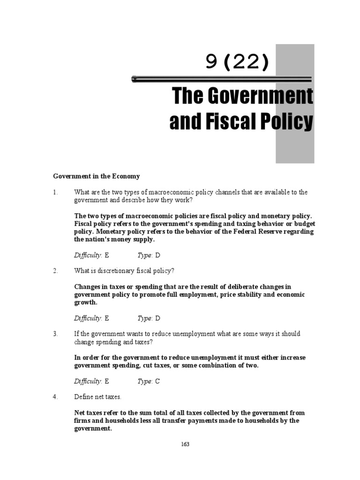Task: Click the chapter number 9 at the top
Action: click(x=212, y=62)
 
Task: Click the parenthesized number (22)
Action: click(x=247, y=62)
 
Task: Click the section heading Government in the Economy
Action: click(x=96, y=176)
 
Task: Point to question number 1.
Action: click(x=55, y=192)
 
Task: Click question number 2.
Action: click(x=55, y=271)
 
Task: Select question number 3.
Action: click(x=55, y=334)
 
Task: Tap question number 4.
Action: click(x=55, y=397)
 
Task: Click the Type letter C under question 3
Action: click(x=157, y=381)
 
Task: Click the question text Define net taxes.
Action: click(x=97, y=397)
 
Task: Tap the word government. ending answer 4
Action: click(x=93, y=428)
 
